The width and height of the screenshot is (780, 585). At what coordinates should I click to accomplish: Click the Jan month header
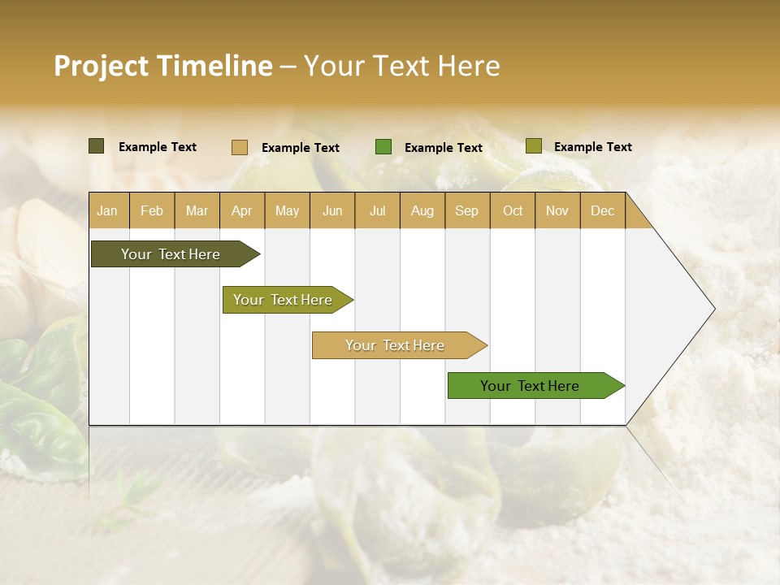point(108,210)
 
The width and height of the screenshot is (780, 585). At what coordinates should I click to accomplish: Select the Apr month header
point(242,210)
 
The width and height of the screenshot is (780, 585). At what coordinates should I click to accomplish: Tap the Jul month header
point(378,210)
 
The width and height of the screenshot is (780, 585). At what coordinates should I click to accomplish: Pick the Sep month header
point(467,210)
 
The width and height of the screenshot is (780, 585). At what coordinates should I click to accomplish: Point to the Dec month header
point(603,210)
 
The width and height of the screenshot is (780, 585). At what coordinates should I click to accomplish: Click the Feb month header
point(152,210)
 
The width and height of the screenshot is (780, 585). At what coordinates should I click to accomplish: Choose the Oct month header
point(513,210)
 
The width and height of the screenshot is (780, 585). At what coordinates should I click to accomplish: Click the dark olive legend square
point(97,146)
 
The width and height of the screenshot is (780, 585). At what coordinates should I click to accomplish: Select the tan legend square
point(240,147)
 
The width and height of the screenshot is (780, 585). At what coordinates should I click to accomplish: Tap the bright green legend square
point(383,147)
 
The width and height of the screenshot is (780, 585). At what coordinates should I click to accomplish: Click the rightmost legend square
point(534,146)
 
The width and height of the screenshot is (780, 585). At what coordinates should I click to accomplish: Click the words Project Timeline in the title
point(162,66)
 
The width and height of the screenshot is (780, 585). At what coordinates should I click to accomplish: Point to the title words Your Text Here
point(401,66)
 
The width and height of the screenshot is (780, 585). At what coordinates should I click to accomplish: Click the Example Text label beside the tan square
point(301,148)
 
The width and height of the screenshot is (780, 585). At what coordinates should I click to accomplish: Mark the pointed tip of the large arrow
point(713,309)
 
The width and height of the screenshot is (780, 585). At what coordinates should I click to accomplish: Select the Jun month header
point(332,210)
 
